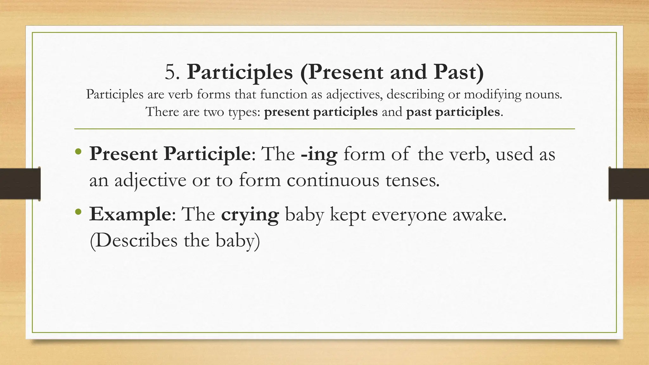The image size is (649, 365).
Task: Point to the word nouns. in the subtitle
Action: pyautogui.click(x=543, y=94)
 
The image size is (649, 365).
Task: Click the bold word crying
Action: pyautogui.click(x=250, y=215)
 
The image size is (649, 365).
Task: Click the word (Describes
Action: pyautogui.click(x=133, y=241)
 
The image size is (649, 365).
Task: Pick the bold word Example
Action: pyautogui.click(x=130, y=215)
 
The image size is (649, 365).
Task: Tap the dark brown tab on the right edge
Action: pyautogui.click(x=629, y=184)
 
